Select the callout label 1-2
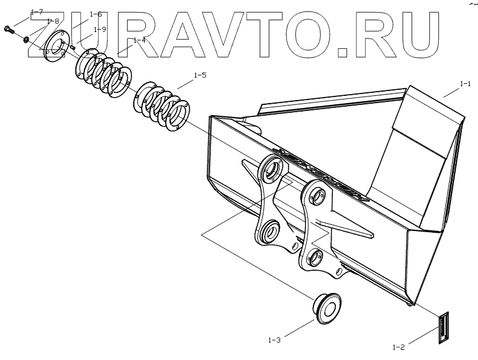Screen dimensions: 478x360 click(x=398, y=347)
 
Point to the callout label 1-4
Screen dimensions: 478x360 click(x=140, y=40)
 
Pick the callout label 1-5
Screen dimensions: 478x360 click(x=200, y=76)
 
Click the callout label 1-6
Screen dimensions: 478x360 click(x=95, y=14)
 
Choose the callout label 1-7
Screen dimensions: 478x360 click(x=36, y=12)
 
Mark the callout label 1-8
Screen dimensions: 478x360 click(x=52, y=21)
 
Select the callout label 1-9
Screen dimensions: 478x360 click(x=100, y=29)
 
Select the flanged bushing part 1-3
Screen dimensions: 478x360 click(x=325, y=308)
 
